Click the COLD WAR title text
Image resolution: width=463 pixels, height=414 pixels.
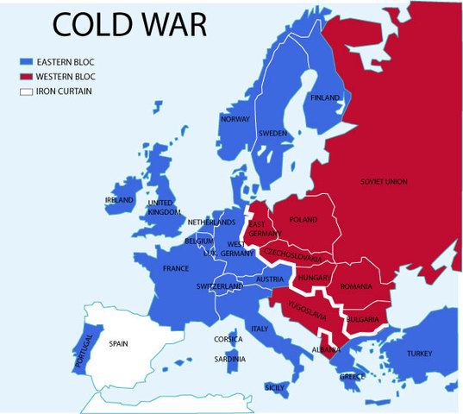(129, 23)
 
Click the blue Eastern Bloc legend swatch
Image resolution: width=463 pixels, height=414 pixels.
(25, 62)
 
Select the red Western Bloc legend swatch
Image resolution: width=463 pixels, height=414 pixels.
(25, 77)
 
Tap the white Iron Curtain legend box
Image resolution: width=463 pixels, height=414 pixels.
(25, 91)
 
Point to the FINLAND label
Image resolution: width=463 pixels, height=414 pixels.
(325, 98)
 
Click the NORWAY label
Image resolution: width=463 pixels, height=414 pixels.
(234, 119)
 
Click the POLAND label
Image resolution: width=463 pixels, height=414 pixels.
(303, 220)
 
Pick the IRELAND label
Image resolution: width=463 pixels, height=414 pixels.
(119, 200)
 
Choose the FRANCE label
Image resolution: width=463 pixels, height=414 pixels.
(176, 269)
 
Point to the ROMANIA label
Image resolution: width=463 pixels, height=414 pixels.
(355, 285)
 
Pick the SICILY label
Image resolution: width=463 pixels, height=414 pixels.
(275, 387)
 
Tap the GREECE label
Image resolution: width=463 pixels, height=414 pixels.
(352, 377)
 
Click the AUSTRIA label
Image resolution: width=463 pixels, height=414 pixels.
(271, 279)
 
